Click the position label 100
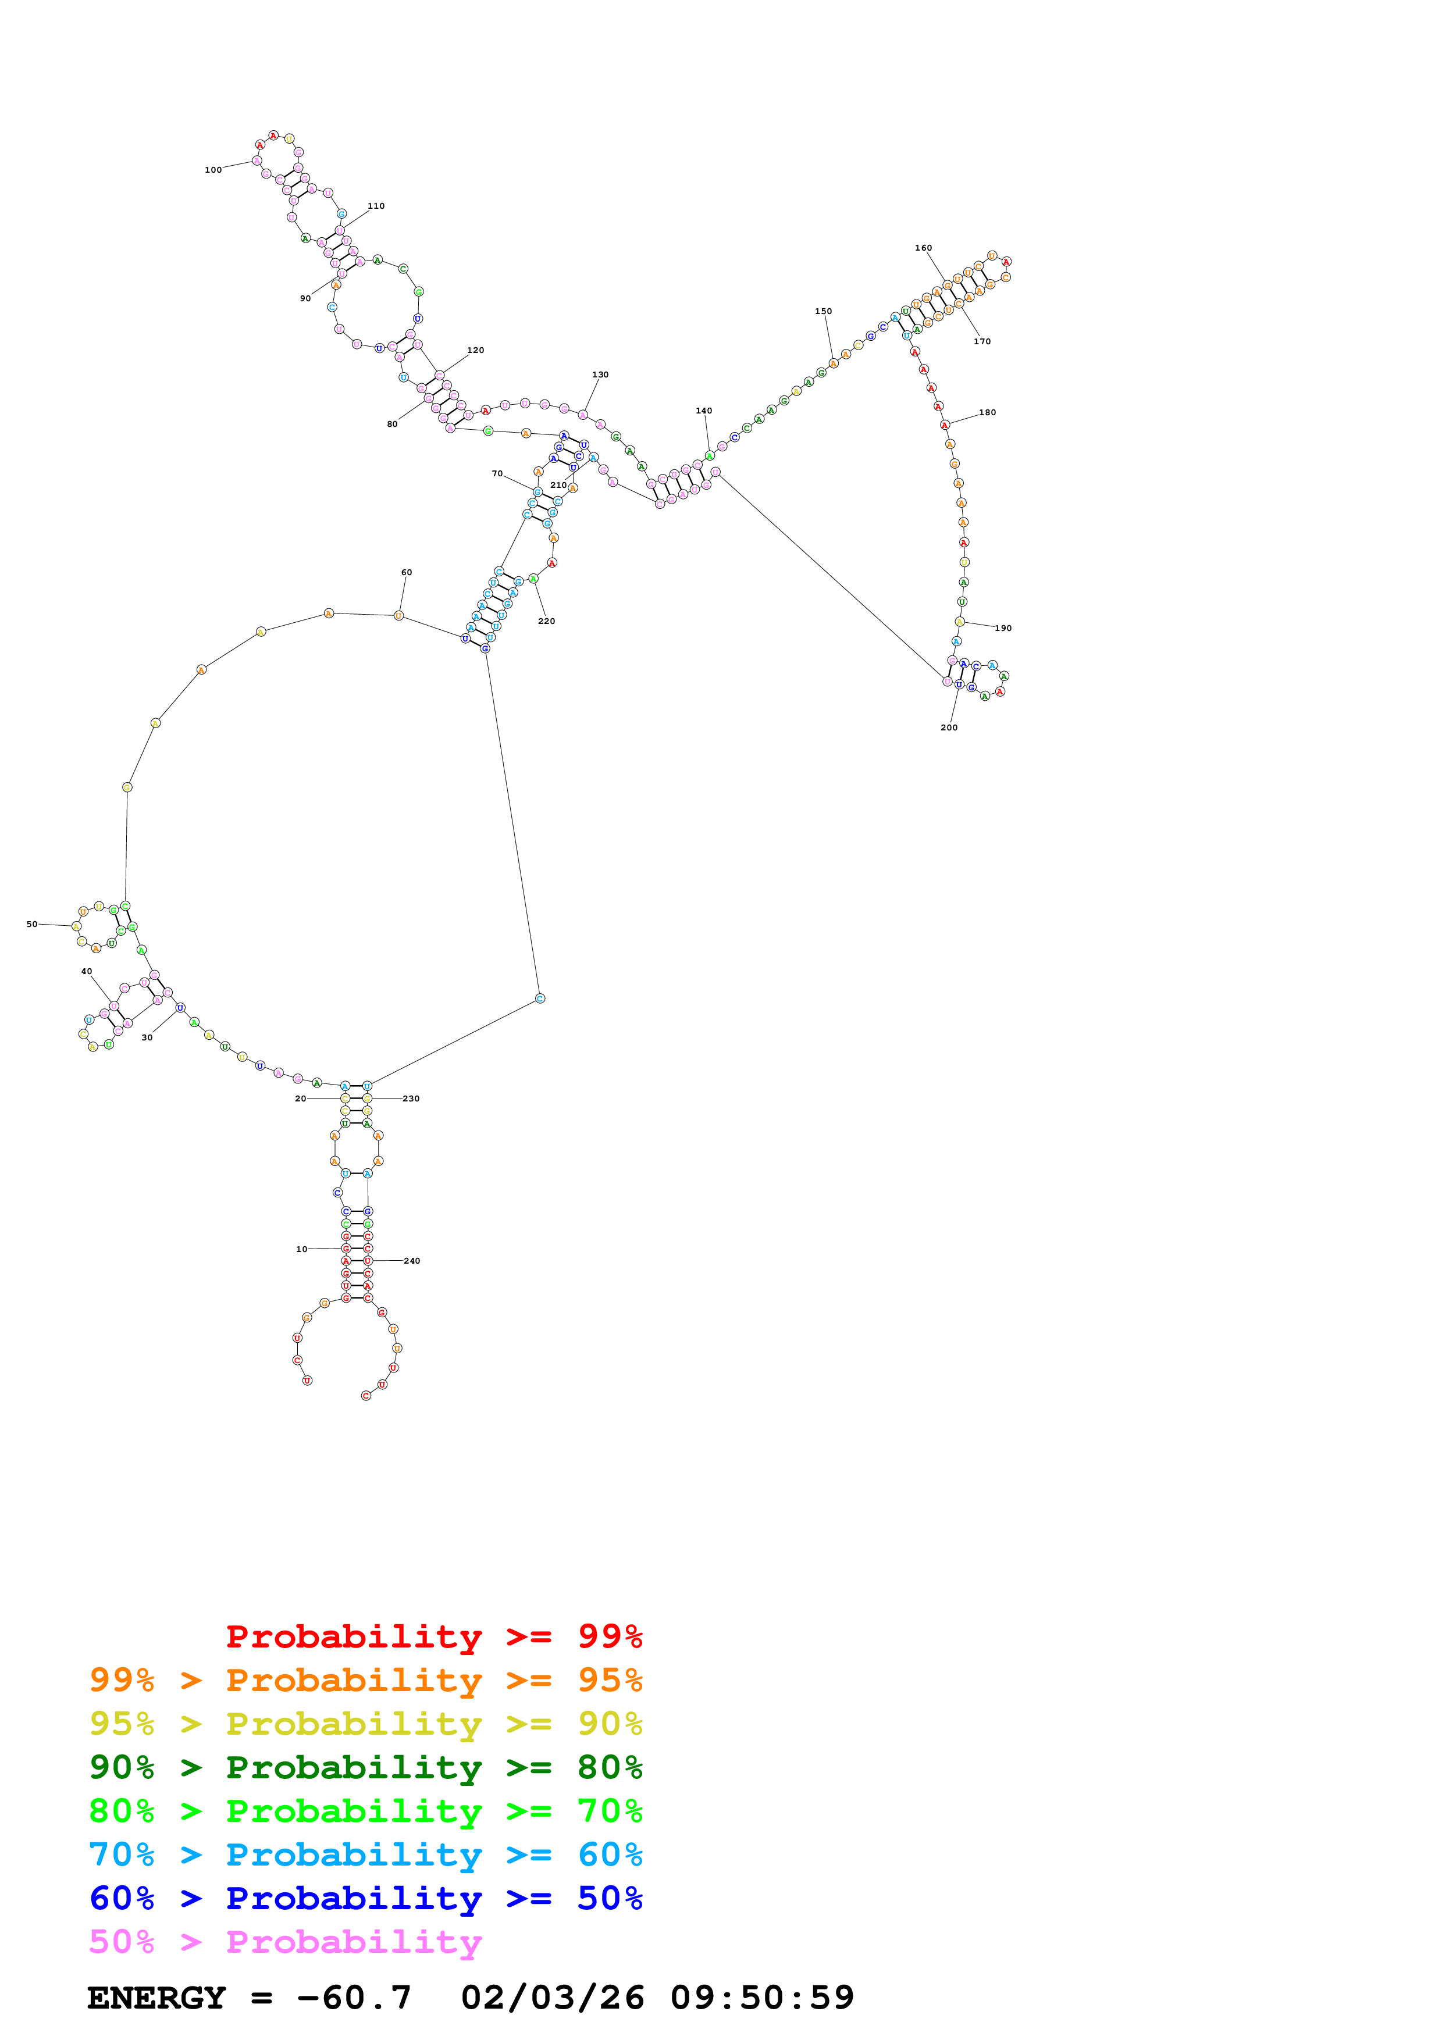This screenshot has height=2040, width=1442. [213, 170]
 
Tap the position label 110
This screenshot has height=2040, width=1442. [376, 206]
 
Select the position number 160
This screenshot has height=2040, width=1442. [923, 248]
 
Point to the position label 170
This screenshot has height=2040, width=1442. [982, 341]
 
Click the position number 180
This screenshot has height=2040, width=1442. [987, 412]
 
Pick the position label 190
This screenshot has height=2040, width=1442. [1003, 628]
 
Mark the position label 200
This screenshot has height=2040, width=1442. [949, 727]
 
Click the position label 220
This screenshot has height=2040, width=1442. [546, 621]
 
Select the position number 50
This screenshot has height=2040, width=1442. [32, 924]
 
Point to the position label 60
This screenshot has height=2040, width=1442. [406, 572]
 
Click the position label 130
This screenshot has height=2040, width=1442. [601, 375]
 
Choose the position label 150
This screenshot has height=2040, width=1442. [824, 311]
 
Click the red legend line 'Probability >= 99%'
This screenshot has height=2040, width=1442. [433, 1636]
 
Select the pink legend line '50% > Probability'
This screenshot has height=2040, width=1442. [285, 1941]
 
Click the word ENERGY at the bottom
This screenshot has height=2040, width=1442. [156, 1998]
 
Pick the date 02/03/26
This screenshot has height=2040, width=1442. [552, 1998]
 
